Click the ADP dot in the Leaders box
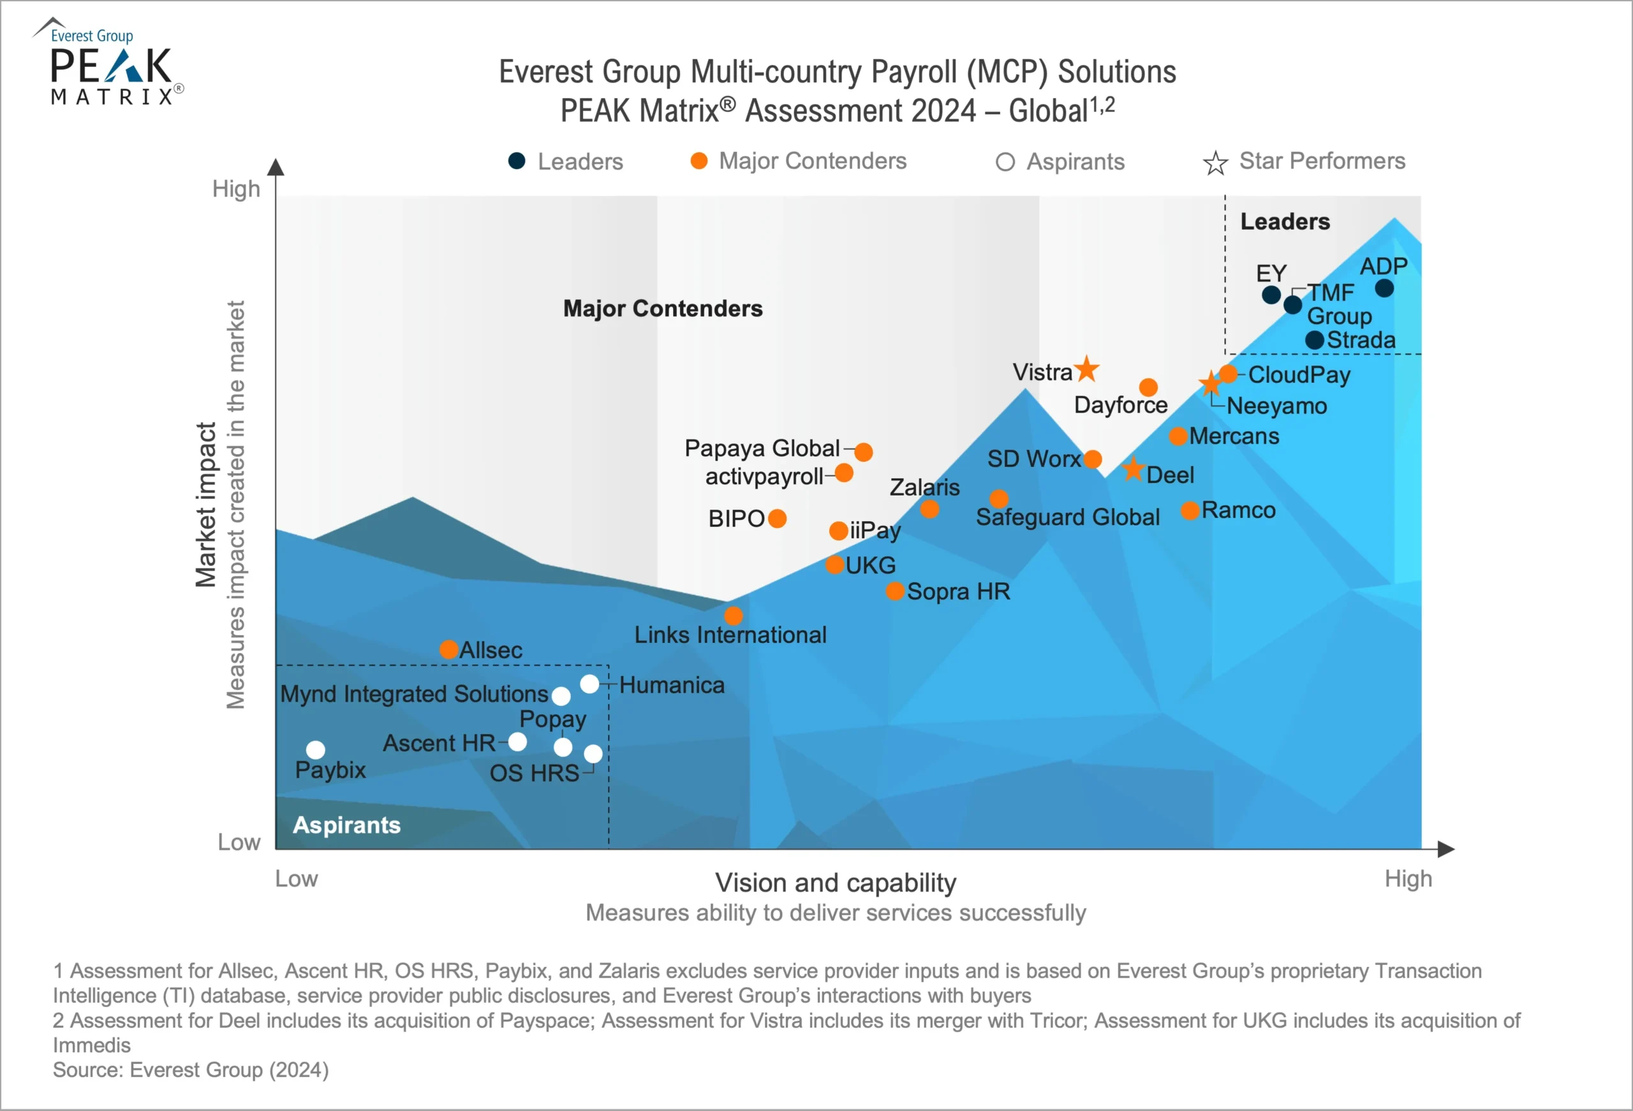tap(1384, 288)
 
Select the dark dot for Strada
tap(1315, 340)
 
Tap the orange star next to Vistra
tap(1087, 368)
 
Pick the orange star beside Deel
tap(1133, 469)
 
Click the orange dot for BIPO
tap(777, 519)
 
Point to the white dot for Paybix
tap(316, 750)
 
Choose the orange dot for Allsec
tap(449, 649)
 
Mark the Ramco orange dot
tap(1190, 510)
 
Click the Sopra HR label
tap(959, 592)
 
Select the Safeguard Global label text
tap(1067, 517)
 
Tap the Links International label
tap(730, 635)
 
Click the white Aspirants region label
tap(346, 825)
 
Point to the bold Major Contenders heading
tap(663, 309)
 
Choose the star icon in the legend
tap(1215, 163)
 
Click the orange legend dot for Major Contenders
tap(698, 161)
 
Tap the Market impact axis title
tap(205, 504)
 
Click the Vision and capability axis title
tap(836, 883)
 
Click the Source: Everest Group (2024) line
tap(191, 1070)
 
